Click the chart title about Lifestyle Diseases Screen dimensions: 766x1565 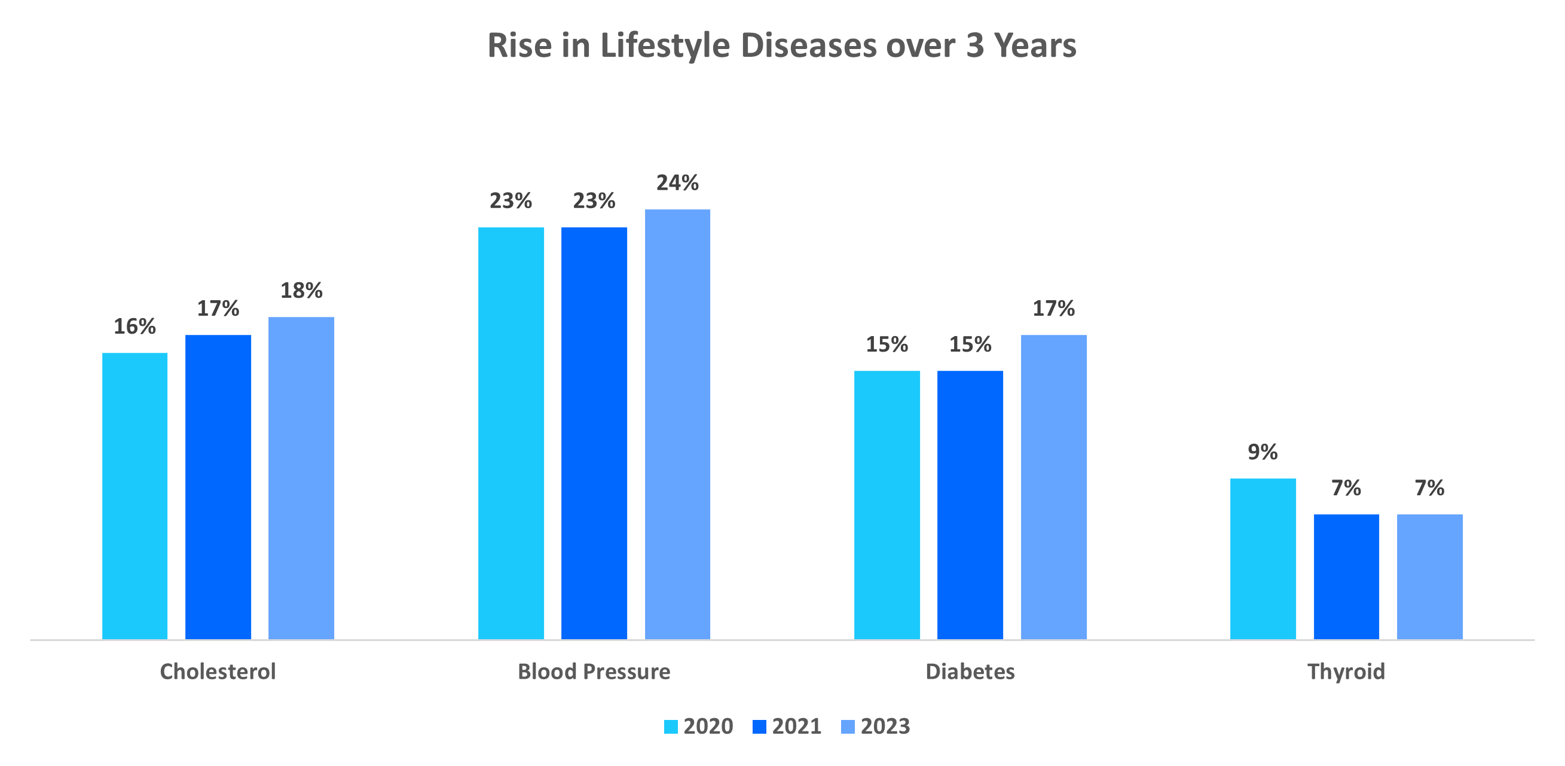pyautogui.click(x=781, y=45)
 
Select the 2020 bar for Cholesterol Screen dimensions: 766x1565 pyautogui.click(x=135, y=496)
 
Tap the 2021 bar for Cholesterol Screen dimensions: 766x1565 pyautogui.click(x=218, y=486)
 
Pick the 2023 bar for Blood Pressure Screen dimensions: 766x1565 pyautogui.click(x=677, y=424)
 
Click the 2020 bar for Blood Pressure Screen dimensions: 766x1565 pyautogui.click(x=511, y=433)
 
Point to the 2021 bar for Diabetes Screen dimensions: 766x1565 pyautogui.click(x=970, y=505)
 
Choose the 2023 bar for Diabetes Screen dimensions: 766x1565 pyautogui.click(x=1053, y=486)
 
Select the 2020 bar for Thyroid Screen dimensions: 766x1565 pyautogui.click(x=1263, y=558)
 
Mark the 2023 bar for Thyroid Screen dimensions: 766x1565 pyautogui.click(x=1429, y=576)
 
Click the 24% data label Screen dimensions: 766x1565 pyautogui.click(x=677, y=183)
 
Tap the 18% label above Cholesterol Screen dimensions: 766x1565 pyautogui.click(x=301, y=291)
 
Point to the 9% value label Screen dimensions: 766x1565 pyautogui.click(x=1263, y=452)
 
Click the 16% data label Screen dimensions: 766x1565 pyautogui.click(x=135, y=326)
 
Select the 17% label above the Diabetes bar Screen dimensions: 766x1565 pyautogui.click(x=1053, y=309)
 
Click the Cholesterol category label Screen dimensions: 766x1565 pyautogui.click(x=218, y=672)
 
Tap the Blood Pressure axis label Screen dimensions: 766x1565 pyautogui.click(x=594, y=672)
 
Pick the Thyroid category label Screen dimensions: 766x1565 pyautogui.click(x=1346, y=672)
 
